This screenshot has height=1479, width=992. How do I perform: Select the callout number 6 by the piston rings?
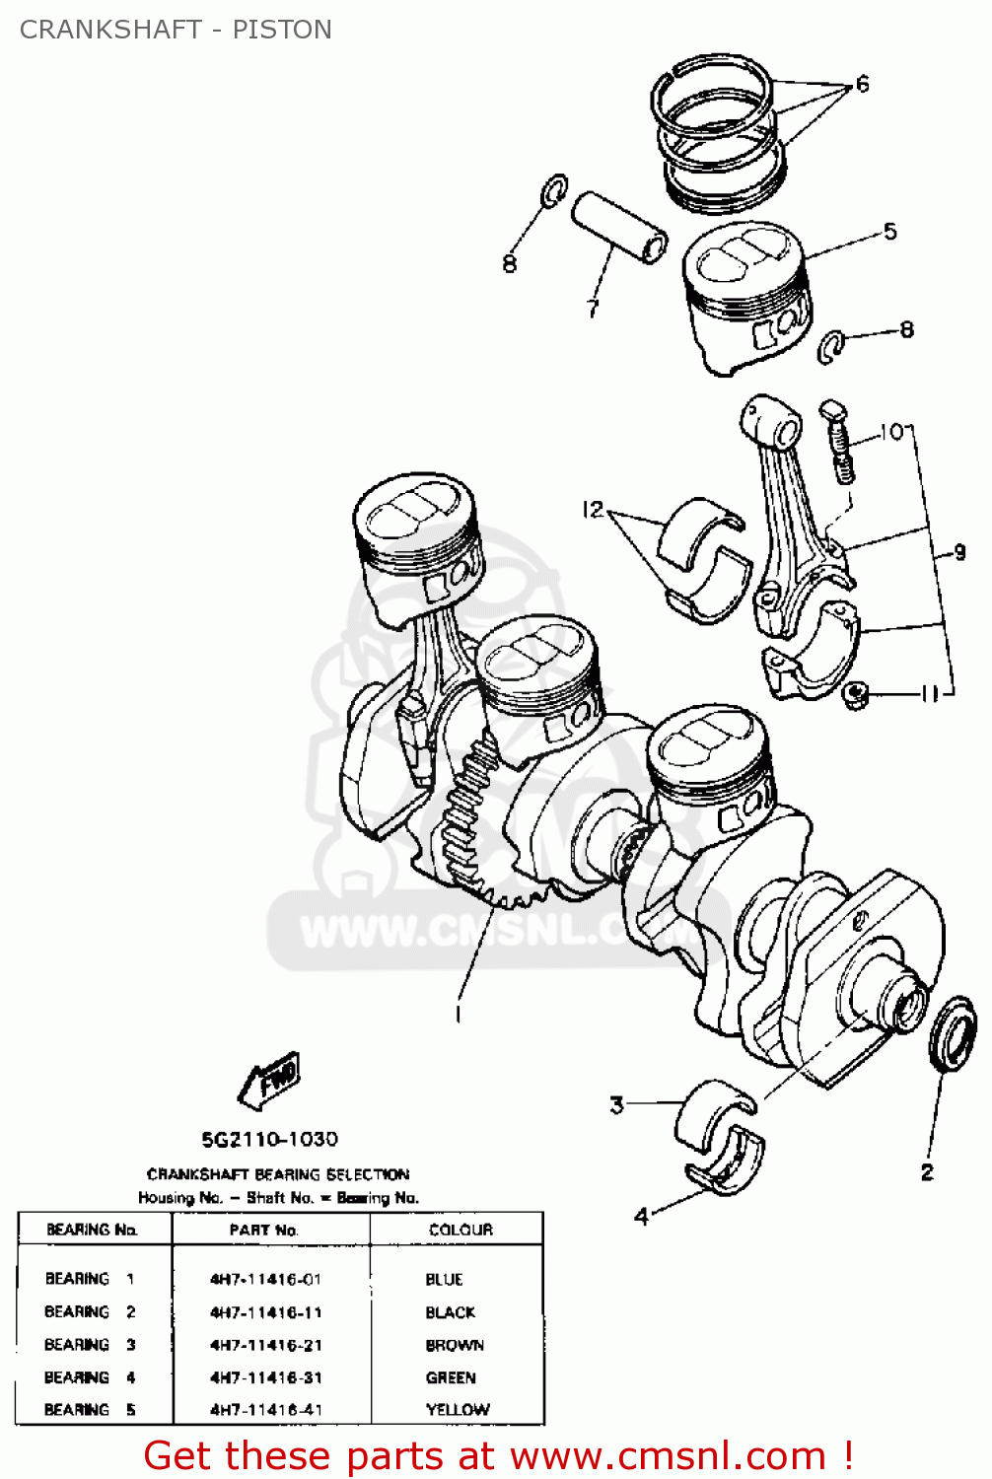pyautogui.click(x=863, y=84)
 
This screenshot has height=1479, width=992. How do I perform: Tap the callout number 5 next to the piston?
pyautogui.click(x=889, y=232)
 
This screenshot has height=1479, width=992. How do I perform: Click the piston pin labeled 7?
pyautogui.click(x=619, y=227)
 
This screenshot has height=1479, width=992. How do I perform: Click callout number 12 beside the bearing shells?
pyautogui.click(x=593, y=510)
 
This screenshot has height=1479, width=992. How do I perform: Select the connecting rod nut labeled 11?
pyautogui.click(x=854, y=696)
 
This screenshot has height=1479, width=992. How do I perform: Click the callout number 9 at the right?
pyautogui.click(x=959, y=552)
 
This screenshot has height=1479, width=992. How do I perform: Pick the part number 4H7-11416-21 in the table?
pyautogui.click(x=265, y=1345)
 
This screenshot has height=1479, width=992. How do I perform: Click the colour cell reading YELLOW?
pyautogui.click(x=458, y=1410)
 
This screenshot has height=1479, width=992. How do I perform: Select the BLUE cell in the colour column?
pyautogui.click(x=444, y=1279)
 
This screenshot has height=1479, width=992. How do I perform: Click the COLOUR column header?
pyautogui.click(x=461, y=1230)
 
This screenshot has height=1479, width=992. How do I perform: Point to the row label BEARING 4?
pyautogui.click(x=90, y=1377)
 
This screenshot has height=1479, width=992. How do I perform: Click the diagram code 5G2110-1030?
pyautogui.click(x=269, y=1140)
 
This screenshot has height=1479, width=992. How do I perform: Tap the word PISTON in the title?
pyautogui.click(x=282, y=30)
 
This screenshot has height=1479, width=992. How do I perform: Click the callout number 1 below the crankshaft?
pyautogui.click(x=458, y=1013)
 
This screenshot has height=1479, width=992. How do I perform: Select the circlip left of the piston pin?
pyautogui.click(x=554, y=191)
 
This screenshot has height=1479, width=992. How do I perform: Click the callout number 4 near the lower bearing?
pyautogui.click(x=642, y=1216)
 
